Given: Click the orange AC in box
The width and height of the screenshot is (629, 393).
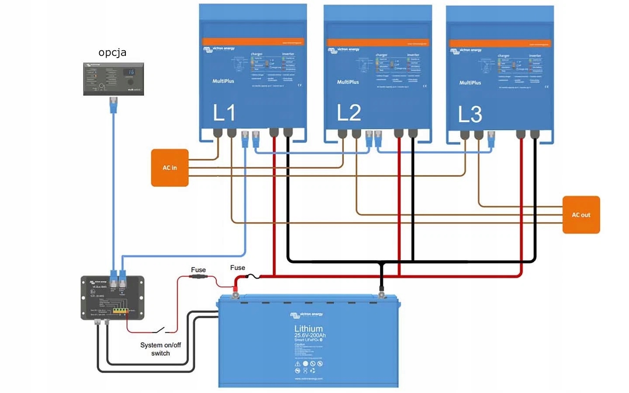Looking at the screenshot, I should click(170, 168).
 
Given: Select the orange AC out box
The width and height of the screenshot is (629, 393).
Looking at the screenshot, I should click(581, 215).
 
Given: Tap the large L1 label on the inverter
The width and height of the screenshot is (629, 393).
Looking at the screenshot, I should click(224, 113).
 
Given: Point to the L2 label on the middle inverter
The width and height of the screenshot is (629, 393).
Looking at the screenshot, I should click(349, 113).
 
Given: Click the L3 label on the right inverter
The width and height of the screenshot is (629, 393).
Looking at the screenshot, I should click(470, 114).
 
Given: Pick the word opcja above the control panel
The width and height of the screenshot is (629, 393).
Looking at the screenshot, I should click(112, 52).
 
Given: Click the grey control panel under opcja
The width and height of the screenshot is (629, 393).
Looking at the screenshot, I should click(113, 79).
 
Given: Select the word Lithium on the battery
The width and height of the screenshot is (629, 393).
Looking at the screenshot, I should click(308, 328).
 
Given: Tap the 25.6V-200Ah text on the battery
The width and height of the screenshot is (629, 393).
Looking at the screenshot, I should click(310, 335).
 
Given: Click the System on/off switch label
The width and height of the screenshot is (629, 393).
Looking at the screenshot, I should click(160, 349).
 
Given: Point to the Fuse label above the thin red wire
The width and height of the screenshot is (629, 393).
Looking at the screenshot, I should click(198, 270).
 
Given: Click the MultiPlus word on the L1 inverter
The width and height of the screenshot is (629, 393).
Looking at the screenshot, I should click(223, 81).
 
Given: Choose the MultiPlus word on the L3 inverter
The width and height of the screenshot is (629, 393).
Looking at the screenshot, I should click(470, 83).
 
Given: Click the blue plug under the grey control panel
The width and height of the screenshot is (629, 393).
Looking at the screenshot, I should click(114, 104).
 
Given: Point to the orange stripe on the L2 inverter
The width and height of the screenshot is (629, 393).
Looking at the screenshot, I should click(378, 43).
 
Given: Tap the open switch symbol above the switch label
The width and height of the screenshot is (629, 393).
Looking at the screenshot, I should click(159, 330).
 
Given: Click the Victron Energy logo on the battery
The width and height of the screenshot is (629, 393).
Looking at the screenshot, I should click(307, 314).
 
